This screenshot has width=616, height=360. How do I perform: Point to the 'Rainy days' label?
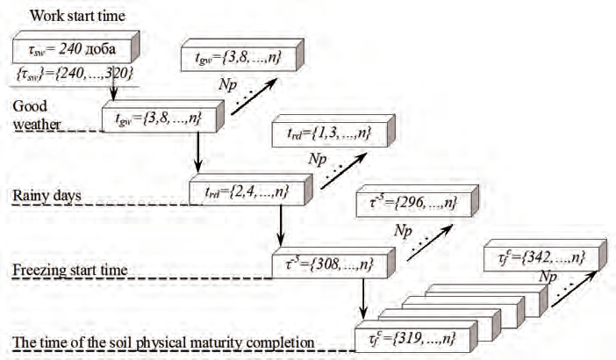[46, 194]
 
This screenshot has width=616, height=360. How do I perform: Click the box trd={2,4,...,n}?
[240, 190]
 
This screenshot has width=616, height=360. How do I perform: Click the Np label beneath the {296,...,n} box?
[403, 230]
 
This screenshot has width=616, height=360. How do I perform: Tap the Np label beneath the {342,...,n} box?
[548, 276]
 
